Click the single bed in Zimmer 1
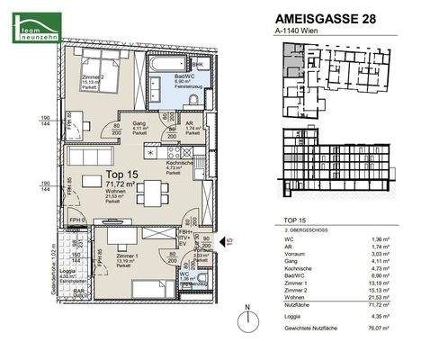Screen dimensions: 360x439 pyautogui.click(x=148, y=288)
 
